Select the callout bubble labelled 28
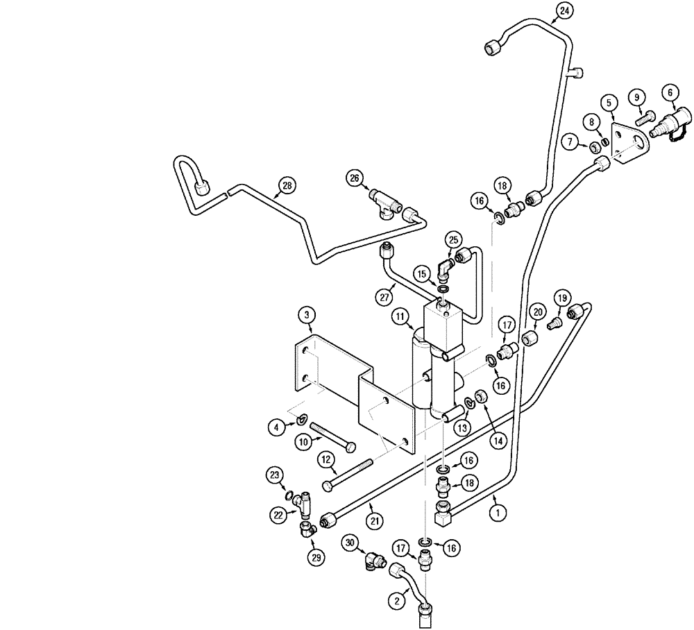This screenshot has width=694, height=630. [287, 185]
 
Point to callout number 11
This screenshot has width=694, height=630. [400, 317]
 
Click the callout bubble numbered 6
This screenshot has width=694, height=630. [670, 91]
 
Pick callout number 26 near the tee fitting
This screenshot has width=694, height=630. [356, 178]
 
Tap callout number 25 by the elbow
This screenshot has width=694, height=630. [453, 240]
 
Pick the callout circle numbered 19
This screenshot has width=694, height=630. [561, 298]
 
